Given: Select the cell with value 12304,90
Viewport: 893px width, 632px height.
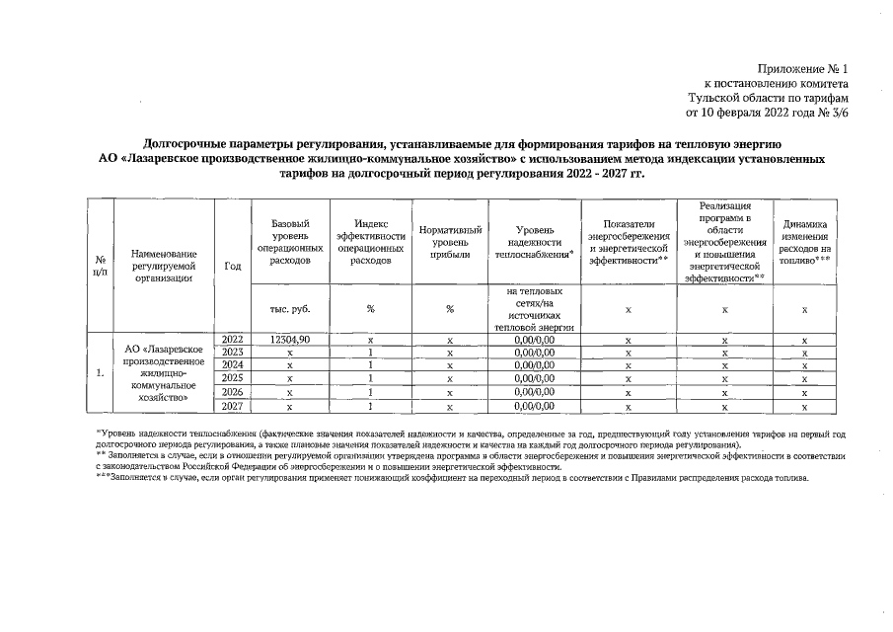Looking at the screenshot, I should [290, 340].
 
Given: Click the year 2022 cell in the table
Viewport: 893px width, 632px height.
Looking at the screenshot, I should [233, 340].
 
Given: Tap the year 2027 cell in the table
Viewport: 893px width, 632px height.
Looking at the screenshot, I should [233, 406].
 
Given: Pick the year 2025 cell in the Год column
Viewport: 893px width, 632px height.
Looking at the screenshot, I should [233, 378].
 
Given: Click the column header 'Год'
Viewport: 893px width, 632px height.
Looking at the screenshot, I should [233, 267].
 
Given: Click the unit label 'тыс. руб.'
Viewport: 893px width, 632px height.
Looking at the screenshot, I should [290, 309].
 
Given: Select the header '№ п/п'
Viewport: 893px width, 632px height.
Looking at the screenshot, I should [100, 267].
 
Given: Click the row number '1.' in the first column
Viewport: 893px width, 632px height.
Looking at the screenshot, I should [100, 373].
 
